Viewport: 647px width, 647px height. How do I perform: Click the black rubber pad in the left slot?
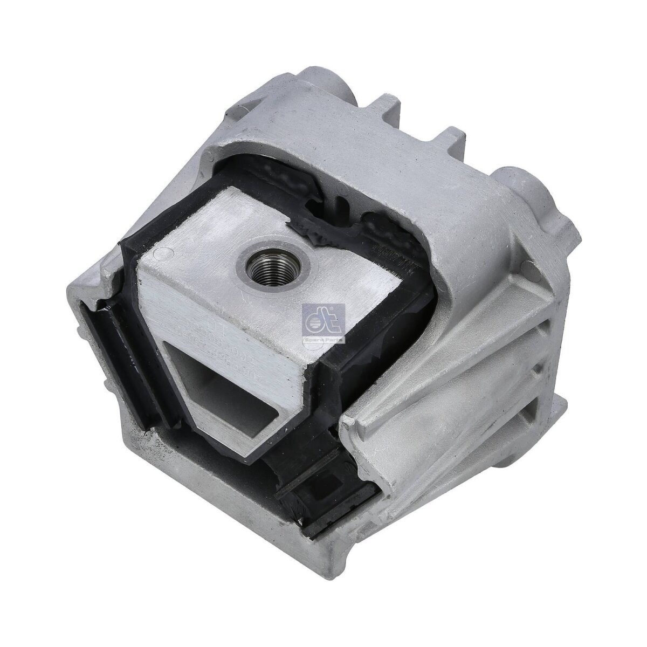[116, 350]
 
